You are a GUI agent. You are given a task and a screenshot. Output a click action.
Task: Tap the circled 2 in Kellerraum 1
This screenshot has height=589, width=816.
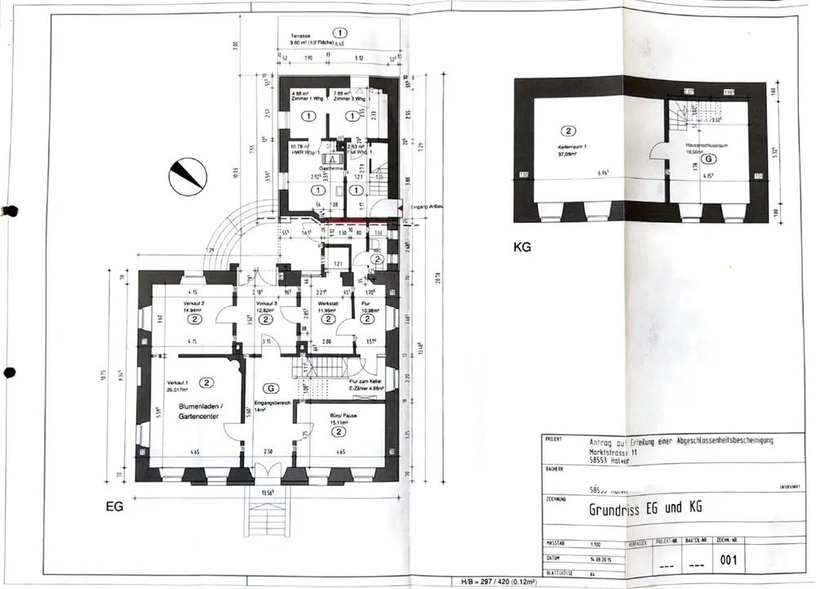570,131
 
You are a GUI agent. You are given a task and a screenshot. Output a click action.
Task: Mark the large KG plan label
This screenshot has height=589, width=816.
523,244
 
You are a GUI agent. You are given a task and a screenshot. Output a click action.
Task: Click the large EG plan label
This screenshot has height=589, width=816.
113,507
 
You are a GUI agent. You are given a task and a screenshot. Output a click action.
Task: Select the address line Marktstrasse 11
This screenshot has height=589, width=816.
616,449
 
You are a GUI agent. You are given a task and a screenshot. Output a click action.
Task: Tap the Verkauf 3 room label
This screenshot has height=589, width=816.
266,305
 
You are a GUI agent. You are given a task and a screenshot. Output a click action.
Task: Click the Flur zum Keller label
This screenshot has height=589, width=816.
366,382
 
